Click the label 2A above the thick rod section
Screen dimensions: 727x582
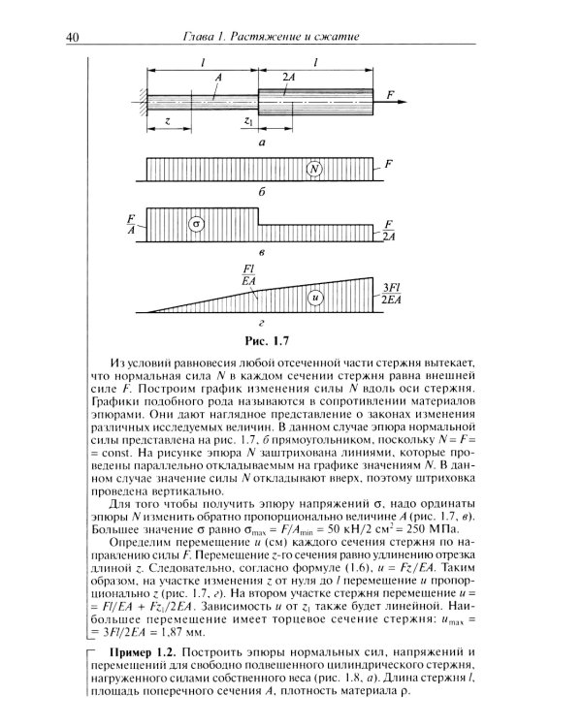(x=289, y=77)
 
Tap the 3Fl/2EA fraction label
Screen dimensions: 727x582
(x=393, y=295)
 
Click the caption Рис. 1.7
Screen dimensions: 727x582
(x=264, y=340)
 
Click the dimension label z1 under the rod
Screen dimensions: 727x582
(x=249, y=122)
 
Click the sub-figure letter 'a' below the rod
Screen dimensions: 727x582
(x=263, y=141)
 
